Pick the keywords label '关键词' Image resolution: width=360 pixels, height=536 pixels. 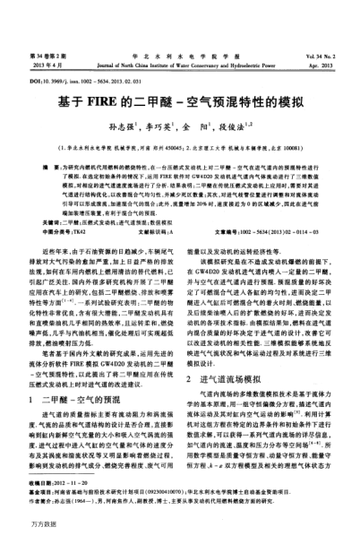(45, 197)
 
